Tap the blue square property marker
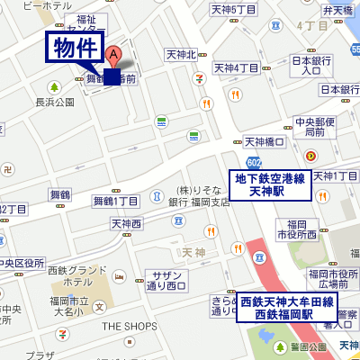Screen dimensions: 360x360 pos(112,76)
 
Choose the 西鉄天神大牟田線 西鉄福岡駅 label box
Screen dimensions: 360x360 pos(288,308)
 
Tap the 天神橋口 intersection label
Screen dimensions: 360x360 pos(265,142)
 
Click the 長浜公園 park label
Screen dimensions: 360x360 pos(54,103)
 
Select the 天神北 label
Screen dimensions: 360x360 pos(181,56)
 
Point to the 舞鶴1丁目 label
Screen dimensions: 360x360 pos(116,201)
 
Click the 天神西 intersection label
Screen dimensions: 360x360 pos(127,223)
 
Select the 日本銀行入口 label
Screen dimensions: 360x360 pos(307,65)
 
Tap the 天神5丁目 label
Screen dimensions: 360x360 pos(234,11)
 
